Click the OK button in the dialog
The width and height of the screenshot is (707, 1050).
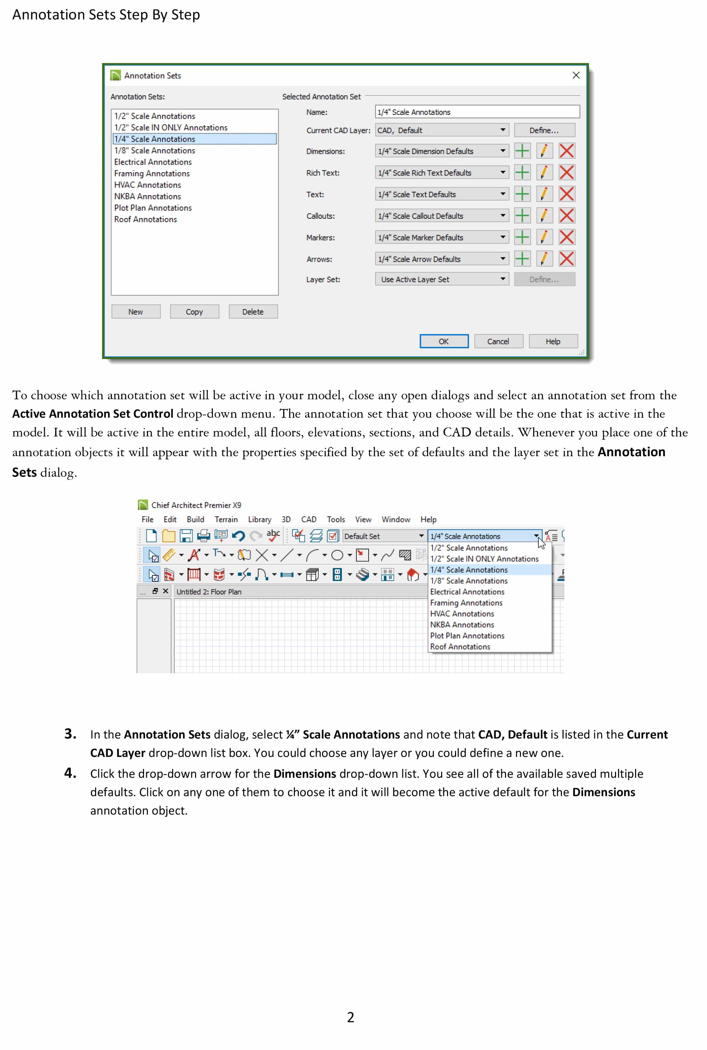[444, 341]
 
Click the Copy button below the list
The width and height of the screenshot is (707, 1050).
[194, 312]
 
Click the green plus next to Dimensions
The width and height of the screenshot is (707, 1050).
[522, 151]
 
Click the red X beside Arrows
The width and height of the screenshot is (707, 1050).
[566, 259]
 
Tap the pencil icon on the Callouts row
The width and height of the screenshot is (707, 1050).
[544, 216]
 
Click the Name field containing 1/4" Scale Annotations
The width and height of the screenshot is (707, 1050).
[477, 112]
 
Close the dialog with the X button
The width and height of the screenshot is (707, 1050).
[576, 75]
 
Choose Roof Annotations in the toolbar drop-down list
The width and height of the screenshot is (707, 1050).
[460, 647]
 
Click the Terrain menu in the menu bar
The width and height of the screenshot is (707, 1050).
[226, 519]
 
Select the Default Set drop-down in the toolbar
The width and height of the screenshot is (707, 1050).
[384, 536]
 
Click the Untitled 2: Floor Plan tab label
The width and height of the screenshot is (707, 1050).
[209, 592]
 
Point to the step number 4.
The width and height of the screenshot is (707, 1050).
[70, 773]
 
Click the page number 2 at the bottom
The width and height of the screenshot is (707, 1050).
[350, 1017]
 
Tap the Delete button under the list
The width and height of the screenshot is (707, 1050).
[253, 312]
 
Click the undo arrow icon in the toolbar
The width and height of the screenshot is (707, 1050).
[238, 536]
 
